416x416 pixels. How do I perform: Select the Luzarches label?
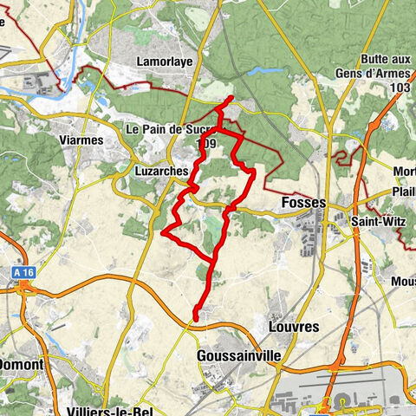pyautogui.click(x=162, y=172)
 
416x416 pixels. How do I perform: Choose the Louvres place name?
pyautogui.click(x=294, y=328)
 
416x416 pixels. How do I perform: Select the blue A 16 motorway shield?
pyautogui.click(x=24, y=272)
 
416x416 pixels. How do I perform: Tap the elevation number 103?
pyautogui.click(x=399, y=88)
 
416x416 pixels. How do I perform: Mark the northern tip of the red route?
pyautogui.click(x=231, y=100)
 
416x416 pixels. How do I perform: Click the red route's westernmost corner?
pyautogui.click(x=164, y=232)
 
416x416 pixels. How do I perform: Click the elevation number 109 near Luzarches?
pyautogui.click(x=206, y=143)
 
